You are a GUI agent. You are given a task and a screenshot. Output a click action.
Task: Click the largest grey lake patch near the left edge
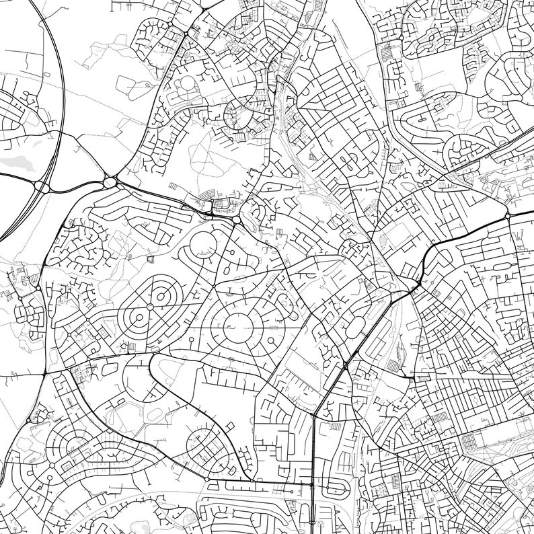click(x=18, y=162)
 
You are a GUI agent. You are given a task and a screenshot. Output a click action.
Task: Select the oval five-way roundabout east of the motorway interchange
click(x=110, y=182)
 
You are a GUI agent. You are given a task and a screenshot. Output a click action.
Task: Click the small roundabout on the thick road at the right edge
click(x=507, y=216)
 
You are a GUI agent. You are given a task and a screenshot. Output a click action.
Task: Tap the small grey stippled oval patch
click(x=384, y=239)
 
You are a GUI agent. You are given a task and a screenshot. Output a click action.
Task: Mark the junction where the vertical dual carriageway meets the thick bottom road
click(x=313, y=484)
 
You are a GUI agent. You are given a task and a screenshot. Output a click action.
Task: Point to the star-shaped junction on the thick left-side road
click(x=44, y=373)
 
